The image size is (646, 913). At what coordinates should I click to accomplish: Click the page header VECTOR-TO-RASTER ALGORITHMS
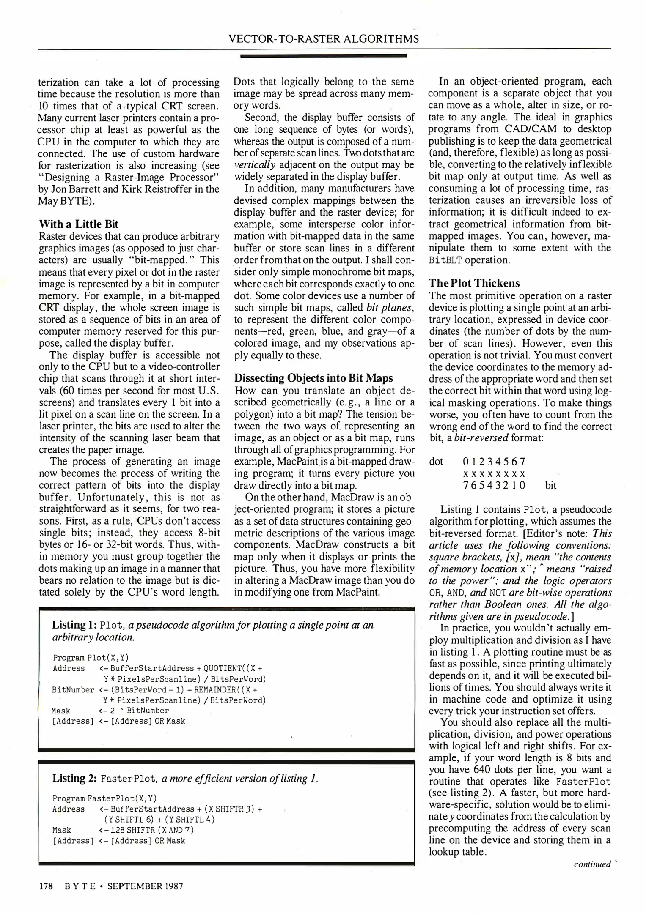[x=323, y=39]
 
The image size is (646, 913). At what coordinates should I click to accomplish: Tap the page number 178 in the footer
[x=45, y=886]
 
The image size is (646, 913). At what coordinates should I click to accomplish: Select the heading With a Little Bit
[x=79, y=224]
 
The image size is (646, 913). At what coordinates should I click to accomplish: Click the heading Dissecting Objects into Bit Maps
[x=313, y=378]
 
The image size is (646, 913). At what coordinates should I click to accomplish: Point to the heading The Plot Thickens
[x=474, y=283]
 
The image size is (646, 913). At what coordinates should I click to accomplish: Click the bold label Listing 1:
[x=74, y=625]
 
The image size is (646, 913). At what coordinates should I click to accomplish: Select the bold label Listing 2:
[x=75, y=779]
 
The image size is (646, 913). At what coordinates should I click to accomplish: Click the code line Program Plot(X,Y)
[x=91, y=658]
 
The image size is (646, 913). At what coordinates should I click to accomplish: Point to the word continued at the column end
[x=592, y=864]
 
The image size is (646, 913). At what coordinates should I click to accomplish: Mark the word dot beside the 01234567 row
[x=436, y=461]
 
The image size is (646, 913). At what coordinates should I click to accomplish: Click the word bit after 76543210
[x=551, y=485]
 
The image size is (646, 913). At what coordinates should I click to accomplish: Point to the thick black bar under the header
[x=323, y=55]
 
